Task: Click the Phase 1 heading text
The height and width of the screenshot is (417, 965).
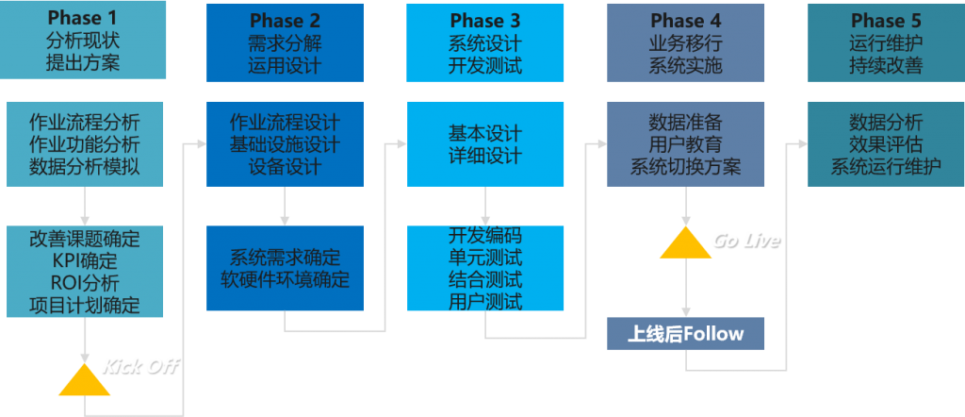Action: [85, 18]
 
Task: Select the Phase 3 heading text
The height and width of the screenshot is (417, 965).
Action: [484, 21]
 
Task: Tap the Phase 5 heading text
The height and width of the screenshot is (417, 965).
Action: [885, 21]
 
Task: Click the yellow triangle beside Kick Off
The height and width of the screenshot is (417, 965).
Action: [84, 379]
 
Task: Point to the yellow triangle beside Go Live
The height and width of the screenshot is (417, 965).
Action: [685, 242]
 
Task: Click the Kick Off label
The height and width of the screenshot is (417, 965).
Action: [140, 366]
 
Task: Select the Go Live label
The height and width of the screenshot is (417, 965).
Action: [745, 241]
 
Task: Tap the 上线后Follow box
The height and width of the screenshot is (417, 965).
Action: [686, 333]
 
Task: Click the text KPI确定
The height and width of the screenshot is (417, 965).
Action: [85, 260]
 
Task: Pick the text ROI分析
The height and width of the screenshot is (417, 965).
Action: [85, 282]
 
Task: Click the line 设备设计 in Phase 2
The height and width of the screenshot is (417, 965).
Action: [285, 167]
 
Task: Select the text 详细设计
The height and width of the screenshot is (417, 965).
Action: [484, 156]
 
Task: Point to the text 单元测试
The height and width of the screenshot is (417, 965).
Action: [484, 257]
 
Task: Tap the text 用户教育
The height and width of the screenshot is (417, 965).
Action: [685, 144]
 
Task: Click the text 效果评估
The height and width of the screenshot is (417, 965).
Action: [885, 144]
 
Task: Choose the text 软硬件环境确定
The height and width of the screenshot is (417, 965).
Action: [285, 279]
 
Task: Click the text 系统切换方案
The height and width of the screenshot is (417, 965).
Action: [685, 167]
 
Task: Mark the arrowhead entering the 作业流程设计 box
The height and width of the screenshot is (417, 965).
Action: [201, 144]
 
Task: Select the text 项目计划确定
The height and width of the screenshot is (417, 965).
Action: [85, 305]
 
